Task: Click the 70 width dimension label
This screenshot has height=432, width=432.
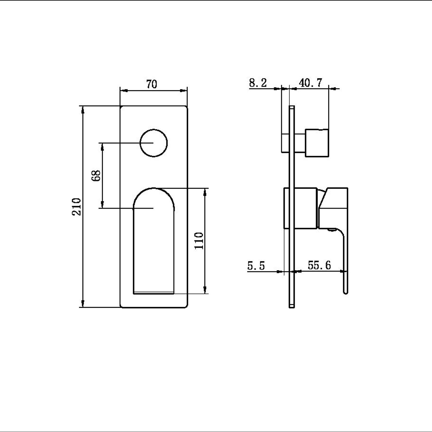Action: (152, 84)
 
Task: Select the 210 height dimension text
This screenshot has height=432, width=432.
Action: (77, 206)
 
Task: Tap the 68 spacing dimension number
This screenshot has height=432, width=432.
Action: (96, 176)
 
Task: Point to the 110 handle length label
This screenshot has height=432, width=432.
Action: (199, 240)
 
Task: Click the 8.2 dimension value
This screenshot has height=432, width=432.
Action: (258, 83)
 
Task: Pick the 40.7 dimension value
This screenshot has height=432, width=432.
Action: (310, 83)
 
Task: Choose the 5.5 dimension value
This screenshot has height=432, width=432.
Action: (256, 265)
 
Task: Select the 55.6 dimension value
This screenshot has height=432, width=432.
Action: (319, 265)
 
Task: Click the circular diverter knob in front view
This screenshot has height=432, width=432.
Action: (154, 143)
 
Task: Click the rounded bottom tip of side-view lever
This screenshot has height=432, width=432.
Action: (346, 292)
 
